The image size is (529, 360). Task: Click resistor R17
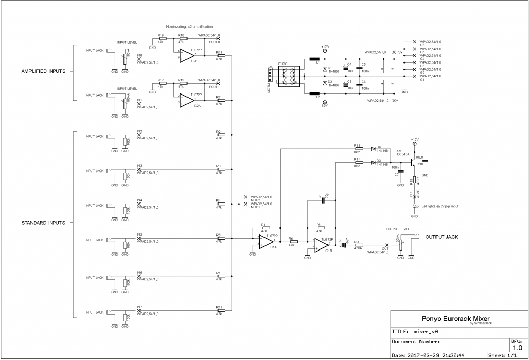(221, 55)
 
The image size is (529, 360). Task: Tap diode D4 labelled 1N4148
(373, 149)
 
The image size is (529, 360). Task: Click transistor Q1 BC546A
(411, 162)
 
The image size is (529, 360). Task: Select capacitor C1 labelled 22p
(323, 200)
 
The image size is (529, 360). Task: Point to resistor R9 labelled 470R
(356, 245)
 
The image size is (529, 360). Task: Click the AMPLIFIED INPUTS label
(43, 71)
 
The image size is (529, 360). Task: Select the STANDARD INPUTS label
(43, 223)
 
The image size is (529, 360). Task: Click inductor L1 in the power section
(314, 59)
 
